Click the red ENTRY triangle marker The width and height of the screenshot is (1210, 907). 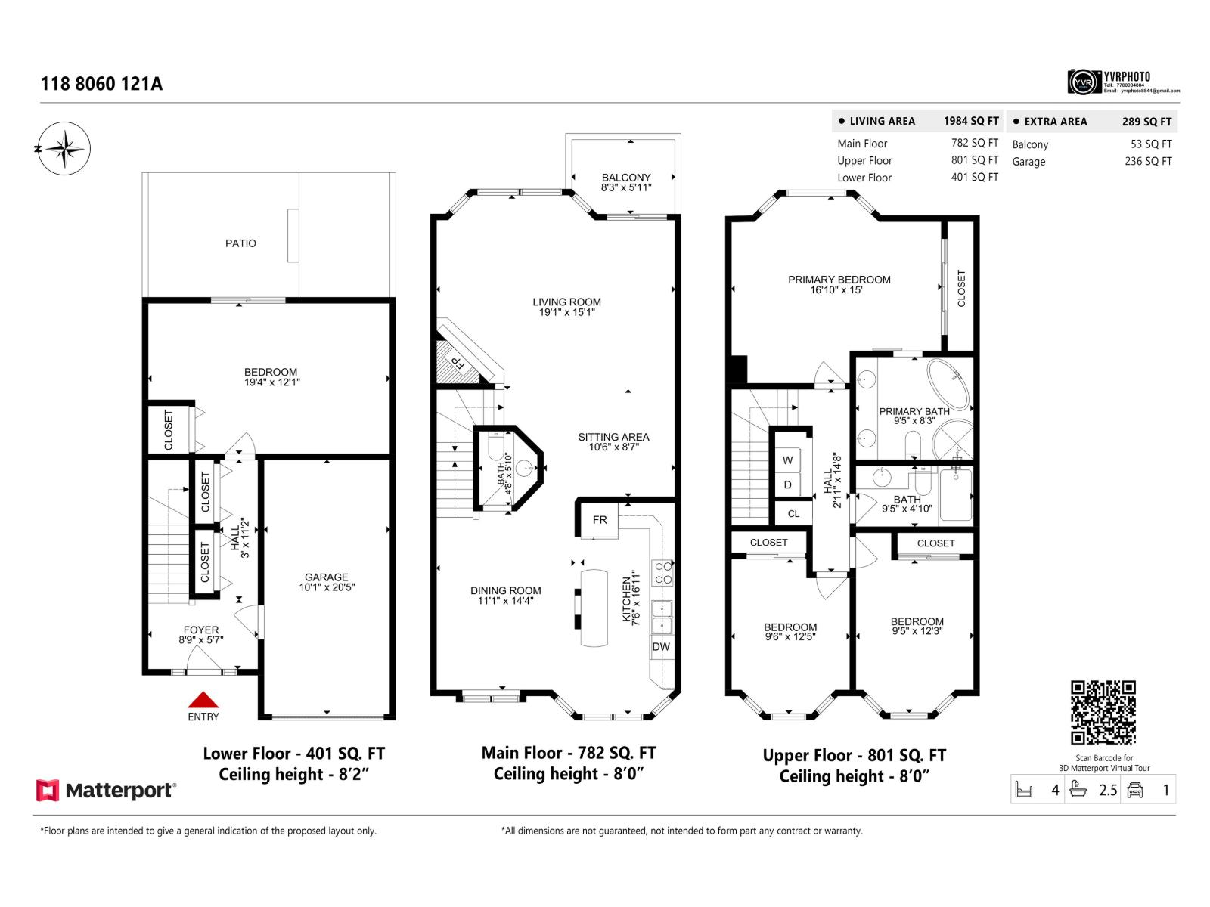tap(203, 700)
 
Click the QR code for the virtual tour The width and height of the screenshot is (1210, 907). tap(1103, 712)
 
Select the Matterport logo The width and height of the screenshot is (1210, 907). tap(107, 791)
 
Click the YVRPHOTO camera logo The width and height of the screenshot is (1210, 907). tap(1084, 82)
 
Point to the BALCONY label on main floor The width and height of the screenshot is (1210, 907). tap(626, 178)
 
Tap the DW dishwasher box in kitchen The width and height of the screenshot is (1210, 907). tap(661, 647)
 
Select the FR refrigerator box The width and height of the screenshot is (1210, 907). tap(599, 520)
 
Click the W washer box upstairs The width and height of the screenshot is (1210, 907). tap(787, 460)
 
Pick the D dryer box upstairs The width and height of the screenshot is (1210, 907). tap(787, 484)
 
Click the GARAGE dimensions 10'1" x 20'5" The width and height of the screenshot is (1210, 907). tap(327, 587)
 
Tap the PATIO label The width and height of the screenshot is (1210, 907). tap(240, 243)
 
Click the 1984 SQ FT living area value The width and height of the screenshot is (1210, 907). tap(970, 121)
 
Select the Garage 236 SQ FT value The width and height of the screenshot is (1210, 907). tap(1147, 161)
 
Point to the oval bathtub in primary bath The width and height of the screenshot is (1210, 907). tap(948, 384)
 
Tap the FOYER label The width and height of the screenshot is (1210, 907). tap(201, 630)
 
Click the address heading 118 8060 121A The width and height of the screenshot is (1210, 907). tap(101, 84)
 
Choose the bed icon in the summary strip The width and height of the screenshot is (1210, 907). tap(1024, 791)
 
